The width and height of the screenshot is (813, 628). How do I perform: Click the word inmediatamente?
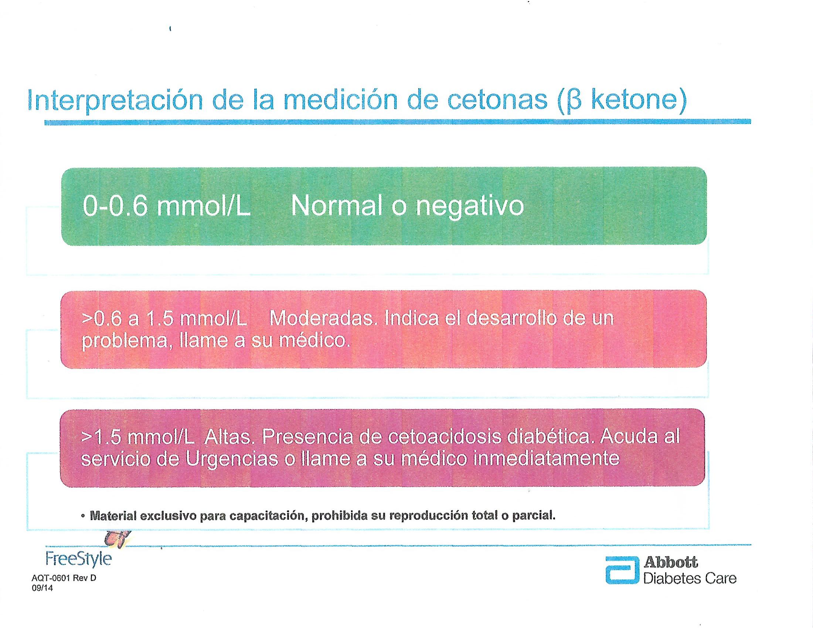point(546,459)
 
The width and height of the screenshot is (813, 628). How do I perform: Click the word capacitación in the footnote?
point(269,516)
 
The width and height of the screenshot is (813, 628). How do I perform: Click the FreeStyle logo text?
point(79,559)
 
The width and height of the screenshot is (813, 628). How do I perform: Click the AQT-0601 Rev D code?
point(64,578)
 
